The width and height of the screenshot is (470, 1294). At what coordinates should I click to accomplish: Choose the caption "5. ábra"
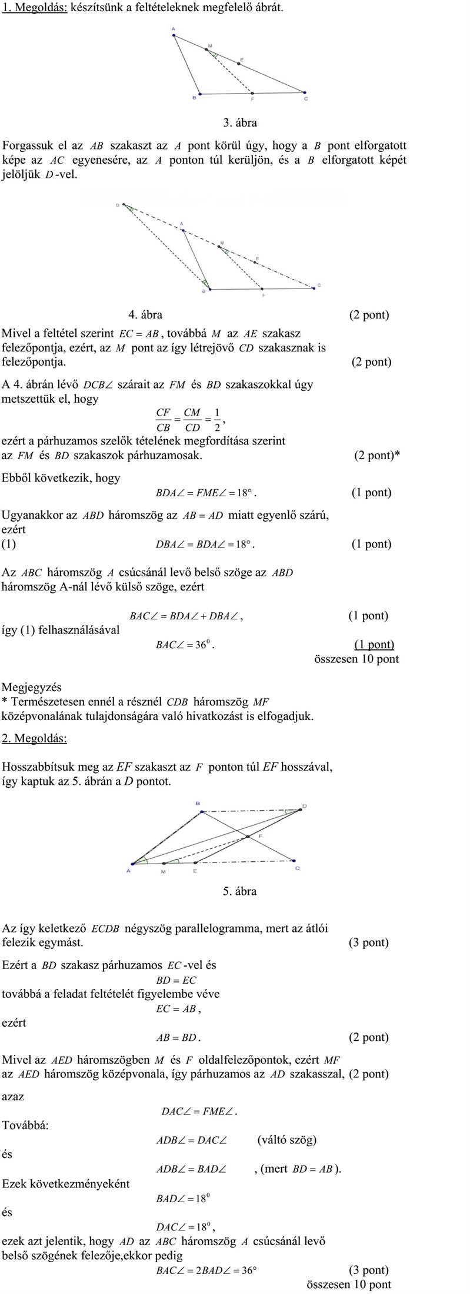coord(239,891)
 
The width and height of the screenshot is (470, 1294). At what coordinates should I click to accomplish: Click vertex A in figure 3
coord(174,35)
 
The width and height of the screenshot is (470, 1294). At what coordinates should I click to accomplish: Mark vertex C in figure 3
coord(305,92)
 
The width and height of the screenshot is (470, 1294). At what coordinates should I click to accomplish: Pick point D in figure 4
coord(124,205)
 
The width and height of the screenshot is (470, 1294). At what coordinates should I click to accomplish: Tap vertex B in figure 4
coord(209,289)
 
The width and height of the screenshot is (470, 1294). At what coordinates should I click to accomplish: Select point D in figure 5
coord(301,809)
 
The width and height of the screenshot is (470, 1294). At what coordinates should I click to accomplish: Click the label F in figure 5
coord(260,836)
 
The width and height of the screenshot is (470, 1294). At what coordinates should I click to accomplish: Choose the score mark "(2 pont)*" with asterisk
coord(376,455)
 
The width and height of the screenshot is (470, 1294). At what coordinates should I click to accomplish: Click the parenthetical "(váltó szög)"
coord(286,1139)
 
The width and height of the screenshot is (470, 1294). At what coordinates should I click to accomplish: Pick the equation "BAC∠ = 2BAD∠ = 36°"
coord(206,1270)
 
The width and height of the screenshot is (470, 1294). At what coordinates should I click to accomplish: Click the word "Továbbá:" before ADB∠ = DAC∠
coord(25,1125)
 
